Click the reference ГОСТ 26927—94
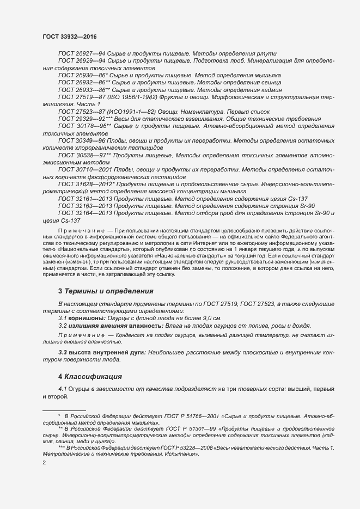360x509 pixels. [x=82, y=54]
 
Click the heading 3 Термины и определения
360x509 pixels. [x=106, y=292]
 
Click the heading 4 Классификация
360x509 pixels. [x=90, y=377]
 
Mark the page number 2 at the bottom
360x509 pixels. [x=44, y=463]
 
